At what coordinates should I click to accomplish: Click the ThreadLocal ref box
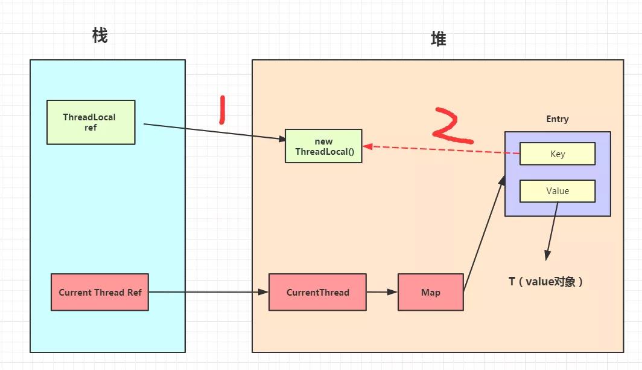[x=91, y=122]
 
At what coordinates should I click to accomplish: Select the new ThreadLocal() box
[x=323, y=146]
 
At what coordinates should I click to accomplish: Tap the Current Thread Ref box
[x=100, y=292]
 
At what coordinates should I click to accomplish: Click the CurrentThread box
[x=317, y=292]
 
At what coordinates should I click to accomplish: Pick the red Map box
[x=430, y=292]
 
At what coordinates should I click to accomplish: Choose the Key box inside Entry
[x=557, y=154]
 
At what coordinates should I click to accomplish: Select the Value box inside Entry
[x=557, y=190]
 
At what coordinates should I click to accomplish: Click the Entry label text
[x=557, y=119]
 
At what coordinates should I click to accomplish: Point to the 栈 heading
[x=100, y=36]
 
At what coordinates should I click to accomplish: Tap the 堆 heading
[x=438, y=39]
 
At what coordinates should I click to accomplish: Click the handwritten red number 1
[x=222, y=111]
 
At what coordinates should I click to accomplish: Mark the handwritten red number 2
[x=453, y=126]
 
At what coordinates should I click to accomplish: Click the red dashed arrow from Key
[x=440, y=150]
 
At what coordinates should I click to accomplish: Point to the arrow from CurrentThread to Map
[x=381, y=292]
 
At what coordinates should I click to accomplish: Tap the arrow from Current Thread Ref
[x=208, y=292]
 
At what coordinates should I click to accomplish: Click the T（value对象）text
[x=545, y=281]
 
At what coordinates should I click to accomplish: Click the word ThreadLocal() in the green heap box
[x=323, y=151]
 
